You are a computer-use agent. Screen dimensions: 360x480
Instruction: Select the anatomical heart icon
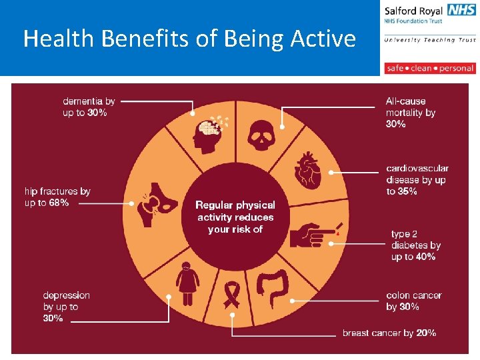307,171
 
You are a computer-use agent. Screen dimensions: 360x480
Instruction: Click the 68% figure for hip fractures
57,203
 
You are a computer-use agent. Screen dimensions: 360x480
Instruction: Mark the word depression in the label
66,295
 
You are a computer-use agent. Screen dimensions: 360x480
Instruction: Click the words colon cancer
413,295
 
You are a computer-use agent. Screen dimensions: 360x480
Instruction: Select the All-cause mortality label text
410,107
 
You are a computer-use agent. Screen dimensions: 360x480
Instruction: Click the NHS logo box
461,9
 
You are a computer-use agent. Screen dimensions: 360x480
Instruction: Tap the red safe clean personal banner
430,68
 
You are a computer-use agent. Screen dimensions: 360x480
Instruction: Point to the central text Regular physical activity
235,211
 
